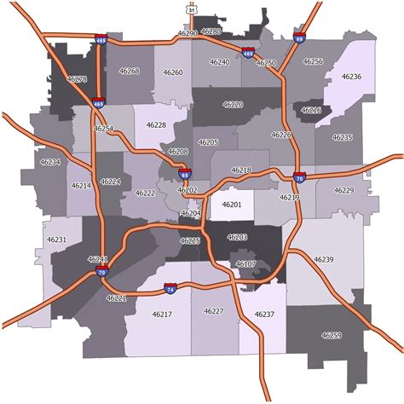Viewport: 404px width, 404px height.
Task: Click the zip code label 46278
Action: click(x=77, y=78)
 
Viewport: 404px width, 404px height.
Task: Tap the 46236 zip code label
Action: click(x=351, y=78)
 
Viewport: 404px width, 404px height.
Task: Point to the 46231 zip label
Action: click(x=57, y=240)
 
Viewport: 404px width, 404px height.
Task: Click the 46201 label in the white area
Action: click(x=232, y=205)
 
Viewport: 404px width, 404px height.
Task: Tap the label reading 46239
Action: click(x=323, y=258)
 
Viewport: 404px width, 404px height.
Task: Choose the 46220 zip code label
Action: click(x=232, y=104)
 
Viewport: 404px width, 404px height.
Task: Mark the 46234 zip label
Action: click(x=50, y=162)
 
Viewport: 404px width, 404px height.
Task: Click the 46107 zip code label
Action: click(x=245, y=265)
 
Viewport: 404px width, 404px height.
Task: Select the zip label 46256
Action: click(x=313, y=61)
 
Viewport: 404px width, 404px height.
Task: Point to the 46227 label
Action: click(x=214, y=311)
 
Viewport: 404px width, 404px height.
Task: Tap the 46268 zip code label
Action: click(x=130, y=72)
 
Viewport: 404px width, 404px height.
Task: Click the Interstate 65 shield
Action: click(x=185, y=174)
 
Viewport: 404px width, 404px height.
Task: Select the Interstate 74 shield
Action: click(x=171, y=290)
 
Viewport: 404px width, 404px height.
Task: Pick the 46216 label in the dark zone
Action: click(x=311, y=111)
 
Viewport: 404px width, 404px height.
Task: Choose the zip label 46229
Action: click(x=343, y=190)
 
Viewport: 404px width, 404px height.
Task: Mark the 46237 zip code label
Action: click(x=264, y=315)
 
